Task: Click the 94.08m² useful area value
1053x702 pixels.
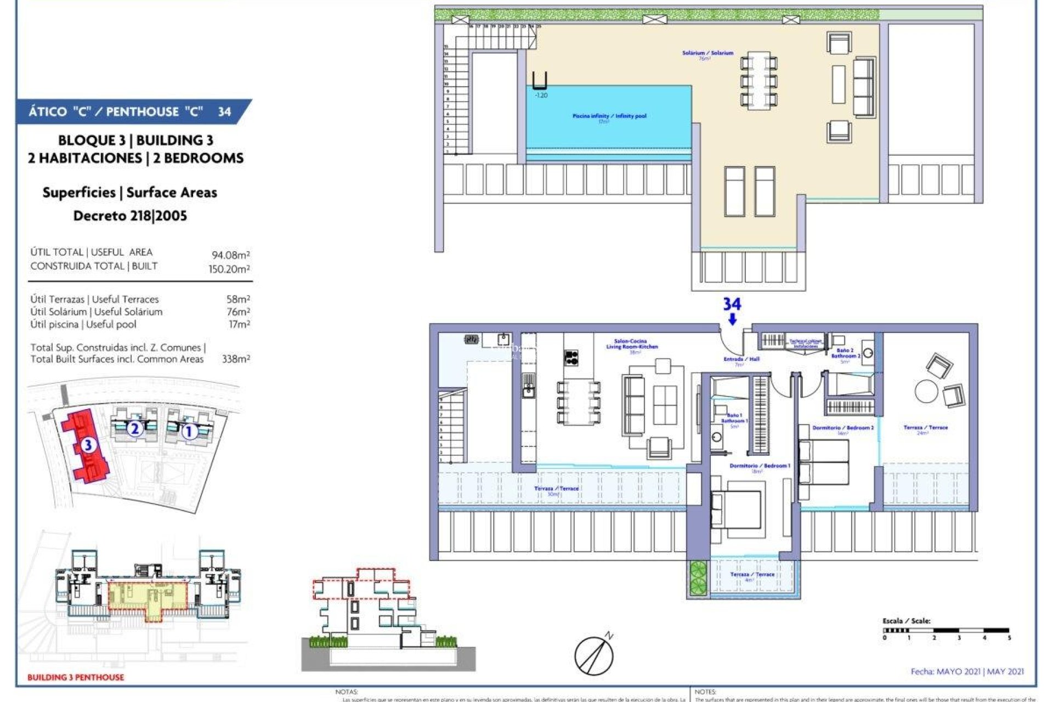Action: pos(230,255)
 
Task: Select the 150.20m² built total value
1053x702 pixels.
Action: pos(229,269)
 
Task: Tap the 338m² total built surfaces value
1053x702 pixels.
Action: pos(236,359)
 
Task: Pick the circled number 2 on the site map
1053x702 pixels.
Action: pos(135,428)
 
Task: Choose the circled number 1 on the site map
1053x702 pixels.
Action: pos(189,432)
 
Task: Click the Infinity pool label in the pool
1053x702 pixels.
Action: pos(609,116)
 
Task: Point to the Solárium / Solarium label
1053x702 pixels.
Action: pos(707,53)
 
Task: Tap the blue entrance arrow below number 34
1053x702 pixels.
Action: pos(732,319)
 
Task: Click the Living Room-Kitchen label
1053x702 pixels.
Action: pos(632,344)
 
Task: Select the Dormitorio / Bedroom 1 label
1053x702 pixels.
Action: pos(760,466)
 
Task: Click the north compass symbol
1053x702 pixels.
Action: pos(594,655)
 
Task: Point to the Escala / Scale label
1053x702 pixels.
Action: pos(906,621)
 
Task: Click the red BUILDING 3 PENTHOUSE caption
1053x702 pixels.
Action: pos(76,677)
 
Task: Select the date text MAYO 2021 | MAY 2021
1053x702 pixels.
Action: pos(967,671)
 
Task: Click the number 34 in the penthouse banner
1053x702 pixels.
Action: pos(224,112)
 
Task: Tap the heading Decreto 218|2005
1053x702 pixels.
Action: pos(130,216)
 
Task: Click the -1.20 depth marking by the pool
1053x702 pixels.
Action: pos(541,95)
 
